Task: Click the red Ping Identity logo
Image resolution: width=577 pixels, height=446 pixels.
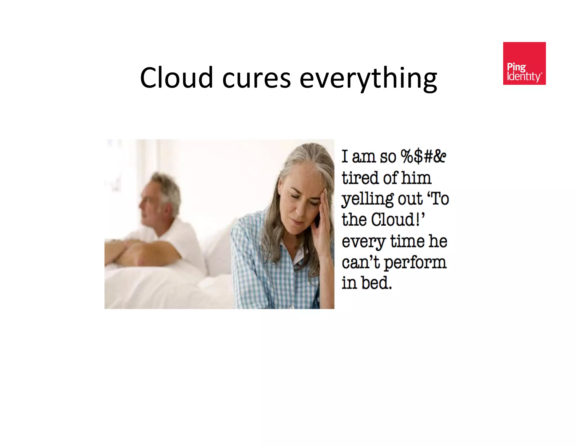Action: tap(524, 63)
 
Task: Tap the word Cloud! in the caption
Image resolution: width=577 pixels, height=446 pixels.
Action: tap(398, 220)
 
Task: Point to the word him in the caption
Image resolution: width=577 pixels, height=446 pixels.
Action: tap(416, 178)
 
